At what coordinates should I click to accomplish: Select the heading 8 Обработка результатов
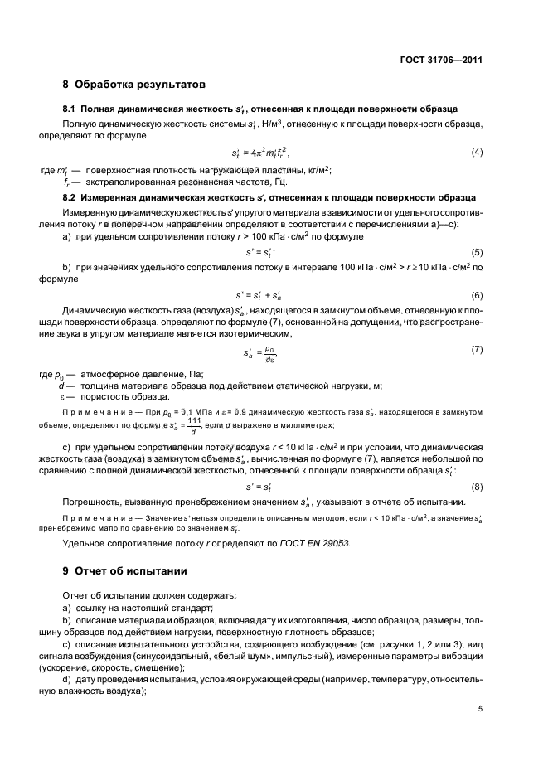(x=134, y=84)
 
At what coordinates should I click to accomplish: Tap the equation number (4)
(x=477, y=152)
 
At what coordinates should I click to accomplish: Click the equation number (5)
(x=477, y=251)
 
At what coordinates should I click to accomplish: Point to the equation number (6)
(x=477, y=295)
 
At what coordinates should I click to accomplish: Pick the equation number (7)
(x=477, y=349)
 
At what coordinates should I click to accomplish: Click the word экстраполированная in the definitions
(x=122, y=182)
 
